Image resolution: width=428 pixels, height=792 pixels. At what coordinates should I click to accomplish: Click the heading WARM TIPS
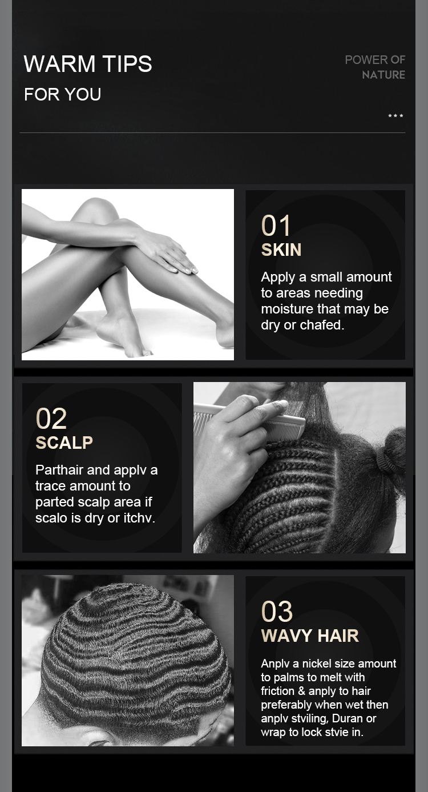pyautogui.click(x=88, y=64)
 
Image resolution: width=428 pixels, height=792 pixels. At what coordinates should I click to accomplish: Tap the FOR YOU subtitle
pyautogui.click(x=63, y=94)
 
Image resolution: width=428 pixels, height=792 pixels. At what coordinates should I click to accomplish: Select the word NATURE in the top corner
pyautogui.click(x=383, y=75)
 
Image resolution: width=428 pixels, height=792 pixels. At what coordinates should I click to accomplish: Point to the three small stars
pyautogui.click(x=395, y=115)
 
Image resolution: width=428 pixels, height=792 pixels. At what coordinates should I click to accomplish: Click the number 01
pyautogui.click(x=276, y=226)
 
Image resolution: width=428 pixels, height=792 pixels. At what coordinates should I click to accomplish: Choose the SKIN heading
pyautogui.click(x=281, y=250)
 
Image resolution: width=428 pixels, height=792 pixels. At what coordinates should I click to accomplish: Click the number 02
pyautogui.click(x=51, y=419)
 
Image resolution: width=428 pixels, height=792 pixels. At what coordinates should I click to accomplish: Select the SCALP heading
pyautogui.click(x=64, y=443)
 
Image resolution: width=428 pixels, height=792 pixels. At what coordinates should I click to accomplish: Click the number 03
pyautogui.click(x=277, y=612)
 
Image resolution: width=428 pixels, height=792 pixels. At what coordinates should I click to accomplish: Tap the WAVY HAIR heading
pyautogui.click(x=310, y=636)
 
